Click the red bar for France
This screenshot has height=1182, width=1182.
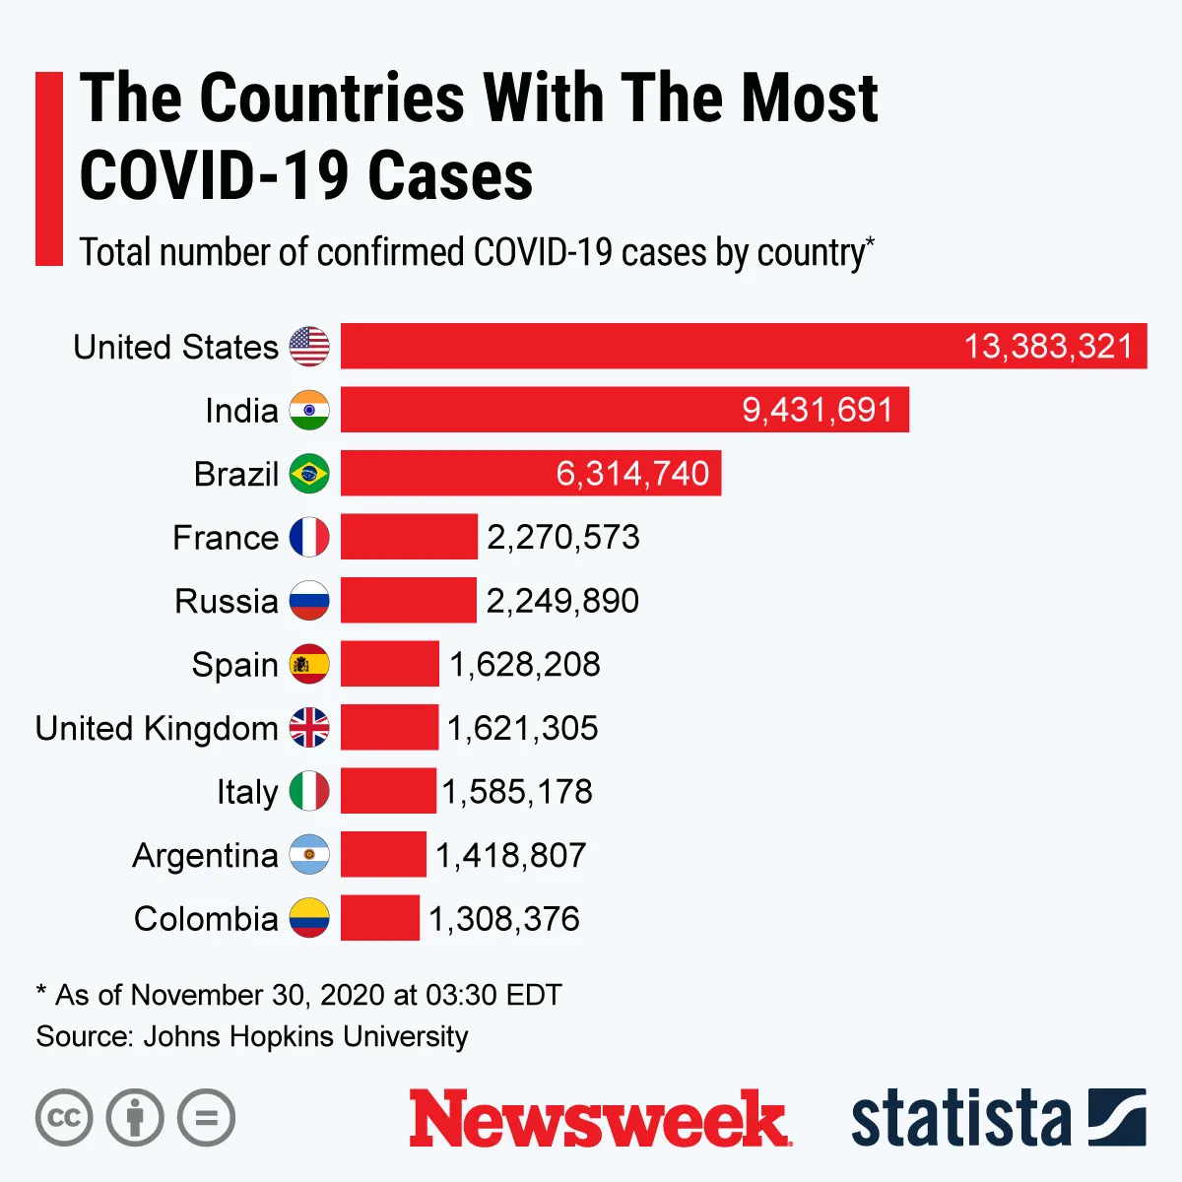tap(409, 537)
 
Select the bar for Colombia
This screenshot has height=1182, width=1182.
tap(380, 918)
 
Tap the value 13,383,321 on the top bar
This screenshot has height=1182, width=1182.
tap(1048, 347)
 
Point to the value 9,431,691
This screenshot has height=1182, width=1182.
tap(818, 410)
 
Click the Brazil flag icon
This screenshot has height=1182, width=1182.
tap(309, 474)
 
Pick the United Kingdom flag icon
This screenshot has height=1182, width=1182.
tap(309, 728)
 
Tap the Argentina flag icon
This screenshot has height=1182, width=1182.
tap(309, 855)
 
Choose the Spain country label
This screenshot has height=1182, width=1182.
tap(234, 665)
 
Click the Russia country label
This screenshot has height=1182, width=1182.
tap(226, 601)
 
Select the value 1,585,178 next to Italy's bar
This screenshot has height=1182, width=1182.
tap(517, 792)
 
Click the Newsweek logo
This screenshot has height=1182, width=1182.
tap(599, 1119)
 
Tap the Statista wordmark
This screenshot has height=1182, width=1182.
tap(960, 1119)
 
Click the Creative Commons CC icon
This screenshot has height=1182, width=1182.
tap(64, 1118)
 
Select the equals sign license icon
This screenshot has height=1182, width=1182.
tap(206, 1118)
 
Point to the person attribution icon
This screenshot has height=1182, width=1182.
tap(135, 1118)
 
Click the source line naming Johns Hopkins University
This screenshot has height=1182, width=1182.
tap(252, 1036)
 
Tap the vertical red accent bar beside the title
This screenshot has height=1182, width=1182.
tap(48, 168)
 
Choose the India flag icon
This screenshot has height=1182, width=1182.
tap(309, 410)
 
